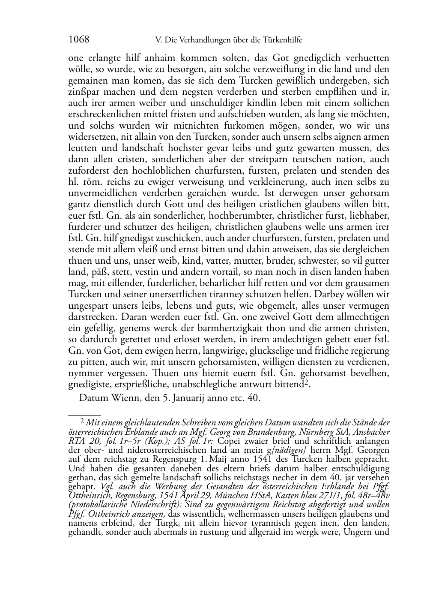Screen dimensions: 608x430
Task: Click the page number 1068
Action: [79, 40]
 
